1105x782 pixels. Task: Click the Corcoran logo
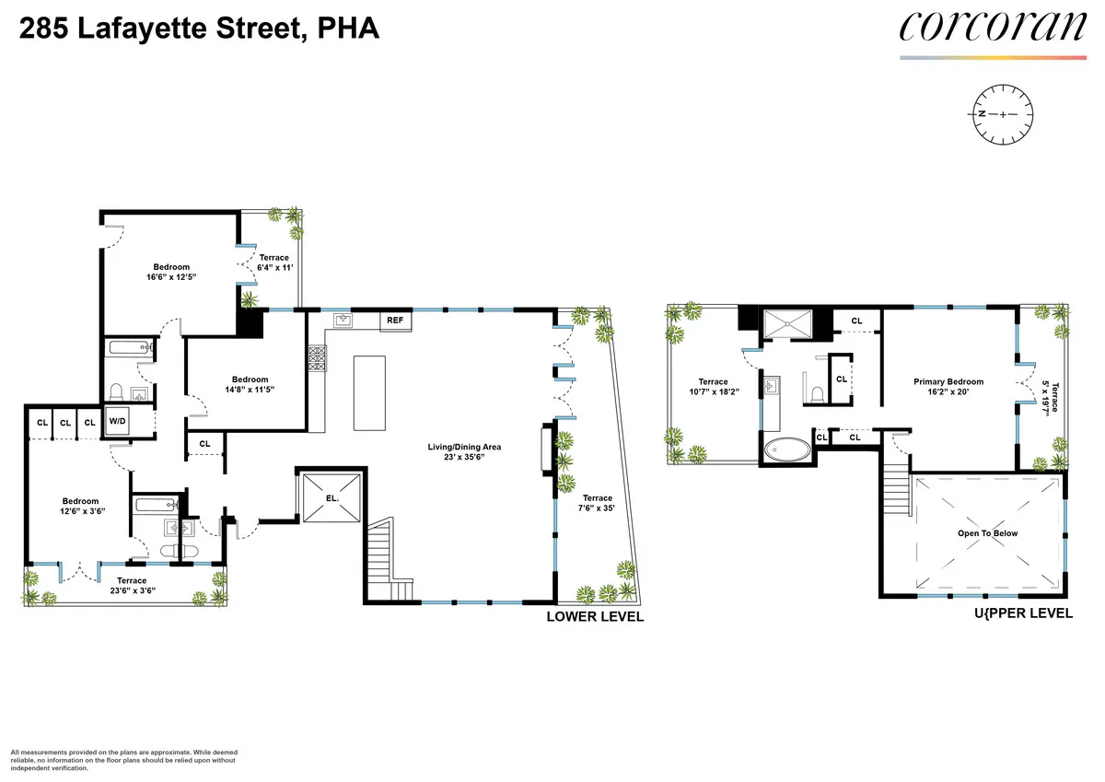pos(993,27)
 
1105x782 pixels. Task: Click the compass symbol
pos(1003,113)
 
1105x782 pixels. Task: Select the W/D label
pos(117,421)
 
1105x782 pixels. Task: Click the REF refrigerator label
pos(395,321)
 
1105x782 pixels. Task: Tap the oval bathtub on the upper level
pos(788,450)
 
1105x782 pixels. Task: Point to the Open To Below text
pos(987,533)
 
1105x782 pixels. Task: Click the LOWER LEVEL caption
pos(595,617)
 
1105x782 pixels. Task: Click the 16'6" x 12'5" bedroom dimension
pos(171,276)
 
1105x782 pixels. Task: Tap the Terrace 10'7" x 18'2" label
pos(713,388)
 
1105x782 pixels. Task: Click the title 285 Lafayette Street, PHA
pos(199,29)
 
